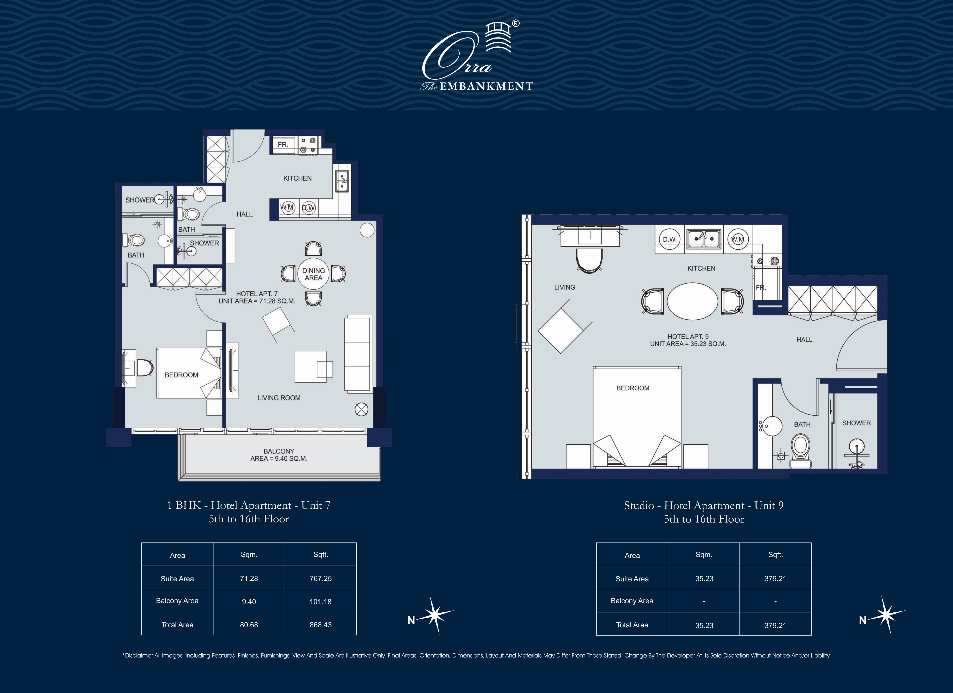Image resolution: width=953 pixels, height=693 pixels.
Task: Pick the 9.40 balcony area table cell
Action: [x=249, y=601]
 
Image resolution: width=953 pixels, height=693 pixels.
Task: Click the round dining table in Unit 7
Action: [x=313, y=274]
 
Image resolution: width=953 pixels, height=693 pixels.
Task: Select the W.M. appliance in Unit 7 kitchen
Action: [x=288, y=208]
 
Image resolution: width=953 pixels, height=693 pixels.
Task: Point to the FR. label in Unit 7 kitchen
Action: [x=283, y=145]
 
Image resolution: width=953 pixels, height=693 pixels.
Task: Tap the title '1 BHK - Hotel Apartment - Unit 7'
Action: [x=249, y=505]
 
